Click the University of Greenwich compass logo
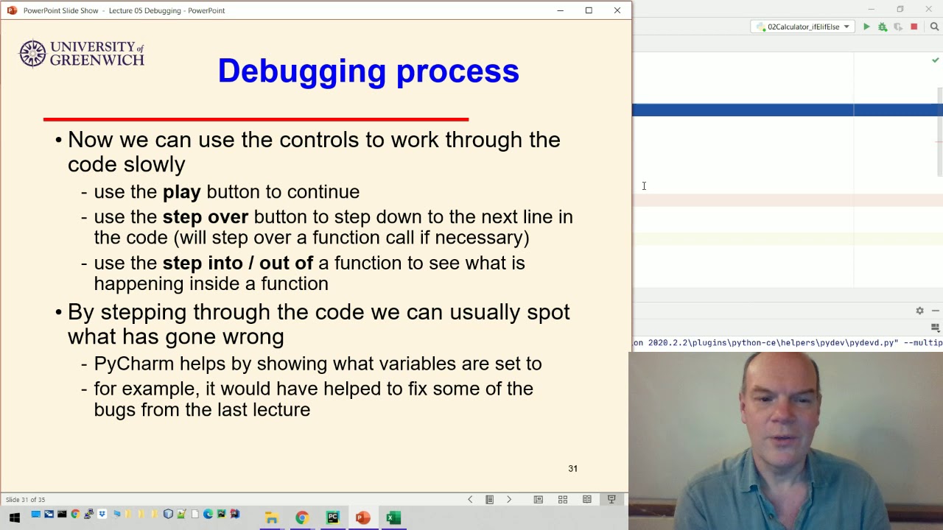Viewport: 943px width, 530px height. point(32,54)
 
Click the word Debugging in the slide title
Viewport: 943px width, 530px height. point(301,71)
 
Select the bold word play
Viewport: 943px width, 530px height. point(181,192)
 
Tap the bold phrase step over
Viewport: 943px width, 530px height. point(205,217)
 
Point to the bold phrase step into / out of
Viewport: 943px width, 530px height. point(237,263)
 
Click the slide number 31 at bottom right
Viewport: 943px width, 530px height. point(572,469)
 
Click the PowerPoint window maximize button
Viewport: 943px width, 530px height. point(589,10)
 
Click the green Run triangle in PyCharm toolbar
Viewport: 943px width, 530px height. point(866,27)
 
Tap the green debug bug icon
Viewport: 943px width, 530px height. point(882,27)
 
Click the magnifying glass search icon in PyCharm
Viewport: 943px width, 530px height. point(934,27)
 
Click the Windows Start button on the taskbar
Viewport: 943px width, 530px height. point(14,517)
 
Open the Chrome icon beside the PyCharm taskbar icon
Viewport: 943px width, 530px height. point(302,517)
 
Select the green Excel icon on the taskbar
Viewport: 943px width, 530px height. point(393,517)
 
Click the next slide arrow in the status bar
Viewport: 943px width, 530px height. point(508,500)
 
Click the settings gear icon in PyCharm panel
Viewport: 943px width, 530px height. point(919,311)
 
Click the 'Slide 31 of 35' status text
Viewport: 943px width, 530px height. point(25,500)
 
